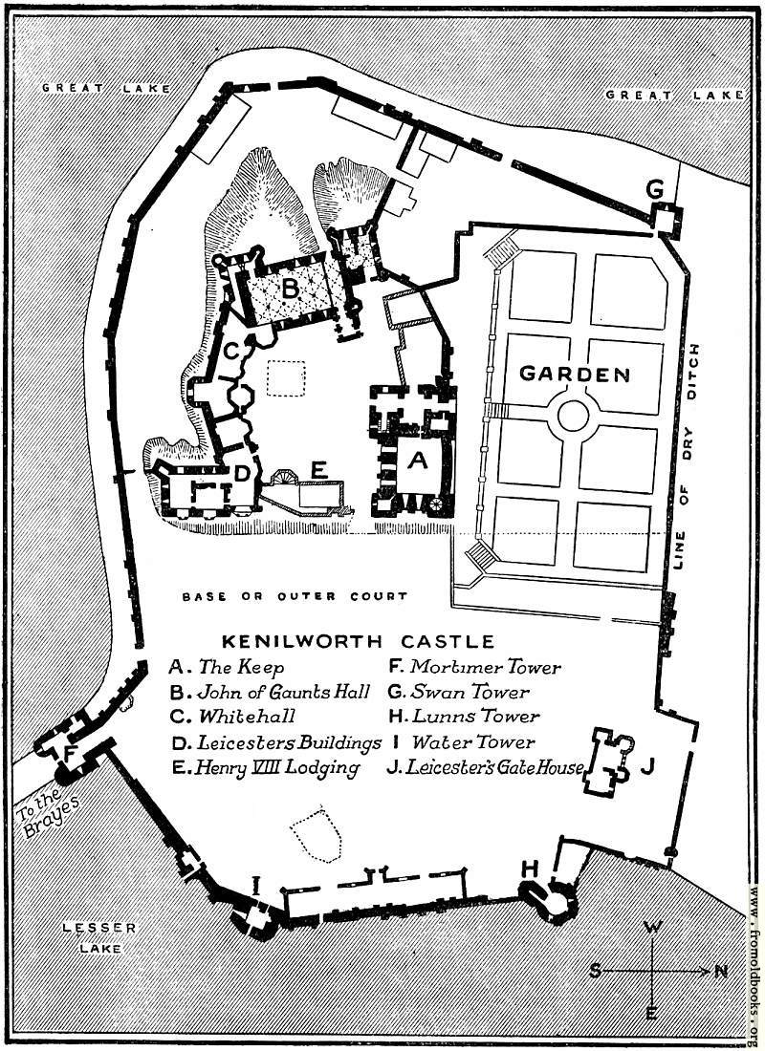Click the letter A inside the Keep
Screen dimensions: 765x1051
tap(417, 461)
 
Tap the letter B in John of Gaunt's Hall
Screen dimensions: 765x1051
tap(290, 289)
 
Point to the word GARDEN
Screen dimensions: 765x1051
tap(575, 374)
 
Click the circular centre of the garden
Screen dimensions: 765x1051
tap(573, 417)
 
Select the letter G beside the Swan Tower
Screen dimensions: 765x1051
tap(655, 190)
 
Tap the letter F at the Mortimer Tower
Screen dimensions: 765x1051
tap(68, 754)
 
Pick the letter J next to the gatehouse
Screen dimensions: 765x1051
tap(646, 765)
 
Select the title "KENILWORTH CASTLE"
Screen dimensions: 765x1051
tap(358, 641)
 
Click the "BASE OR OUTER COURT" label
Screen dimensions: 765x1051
tap(295, 596)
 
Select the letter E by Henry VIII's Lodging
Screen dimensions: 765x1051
tap(318, 470)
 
